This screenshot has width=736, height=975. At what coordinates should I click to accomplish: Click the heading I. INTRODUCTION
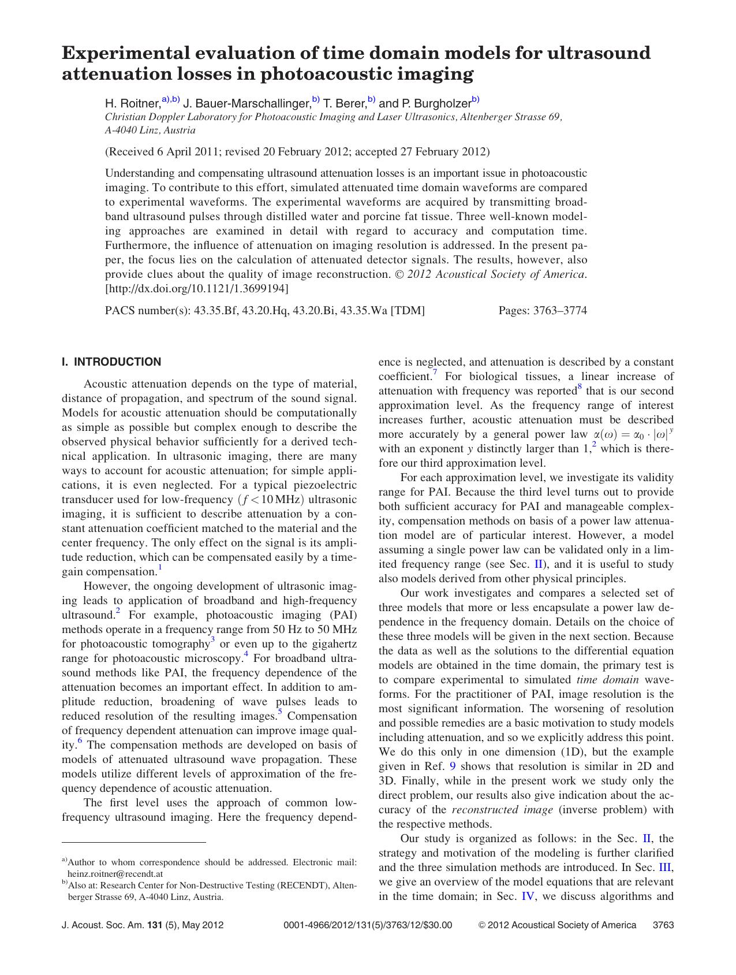point(111,362)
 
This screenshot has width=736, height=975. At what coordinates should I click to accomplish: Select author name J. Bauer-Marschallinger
point(246,103)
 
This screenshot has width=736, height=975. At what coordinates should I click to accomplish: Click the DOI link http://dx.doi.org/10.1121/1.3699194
point(197,288)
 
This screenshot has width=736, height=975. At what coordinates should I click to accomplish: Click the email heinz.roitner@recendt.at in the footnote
point(115,874)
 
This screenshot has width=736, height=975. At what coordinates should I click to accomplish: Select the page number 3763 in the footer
point(663,925)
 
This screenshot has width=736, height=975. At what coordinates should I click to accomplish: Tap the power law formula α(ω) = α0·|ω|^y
point(633,434)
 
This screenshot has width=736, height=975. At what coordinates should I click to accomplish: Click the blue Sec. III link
point(666,868)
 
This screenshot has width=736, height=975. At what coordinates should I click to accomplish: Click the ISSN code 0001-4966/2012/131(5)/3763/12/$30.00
point(368,925)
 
